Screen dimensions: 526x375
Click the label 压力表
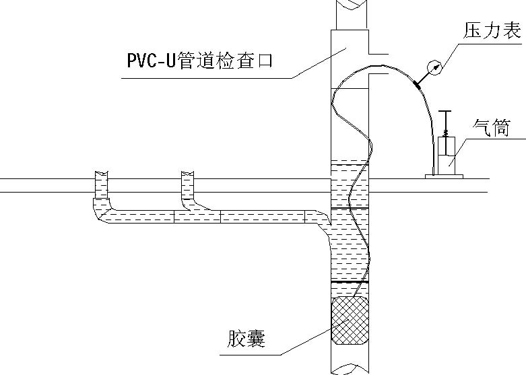tap(492, 30)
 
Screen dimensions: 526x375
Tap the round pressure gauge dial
tap(434, 67)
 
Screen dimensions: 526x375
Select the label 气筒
tap(491, 128)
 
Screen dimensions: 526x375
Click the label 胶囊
tap(246, 339)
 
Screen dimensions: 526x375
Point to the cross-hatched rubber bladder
tap(350, 320)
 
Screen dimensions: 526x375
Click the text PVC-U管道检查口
tap(200, 61)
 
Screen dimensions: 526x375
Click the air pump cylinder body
tap(446, 156)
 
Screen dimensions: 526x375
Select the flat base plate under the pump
tap(444, 176)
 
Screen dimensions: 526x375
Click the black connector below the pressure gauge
tap(417, 85)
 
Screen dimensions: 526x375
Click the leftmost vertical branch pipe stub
tap(101, 185)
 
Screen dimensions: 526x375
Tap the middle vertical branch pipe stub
tap(187, 185)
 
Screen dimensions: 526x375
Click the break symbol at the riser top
tap(351, 5)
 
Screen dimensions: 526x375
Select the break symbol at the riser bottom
tap(350, 369)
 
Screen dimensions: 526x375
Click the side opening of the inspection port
tap(379, 64)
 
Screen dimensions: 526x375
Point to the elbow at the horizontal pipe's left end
tap(102, 210)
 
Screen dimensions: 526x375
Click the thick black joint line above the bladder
tap(350, 282)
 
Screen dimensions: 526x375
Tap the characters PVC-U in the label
tap(152, 61)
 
